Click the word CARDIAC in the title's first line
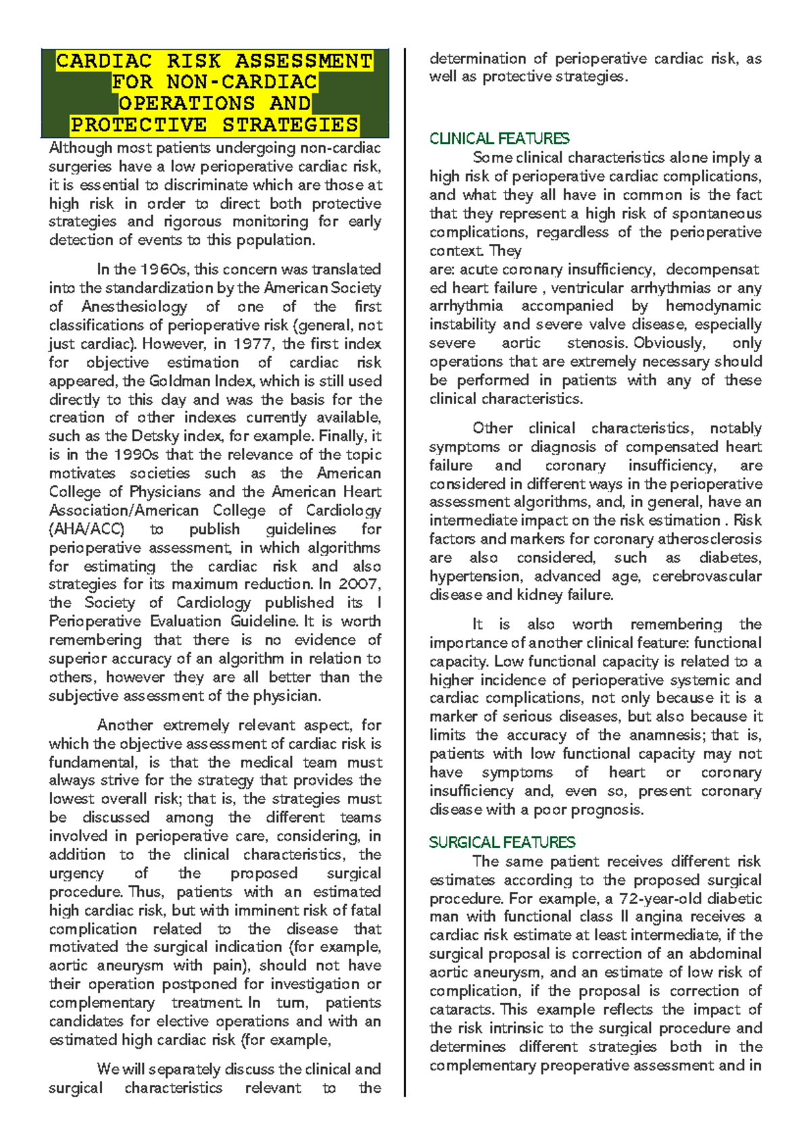click(103, 61)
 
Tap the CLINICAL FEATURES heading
click(499, 139)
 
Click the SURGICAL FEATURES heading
click(501, 842)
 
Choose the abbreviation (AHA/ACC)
click(87, 529)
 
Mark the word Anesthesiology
click(134, 306)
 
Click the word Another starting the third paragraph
click(126, 725)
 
